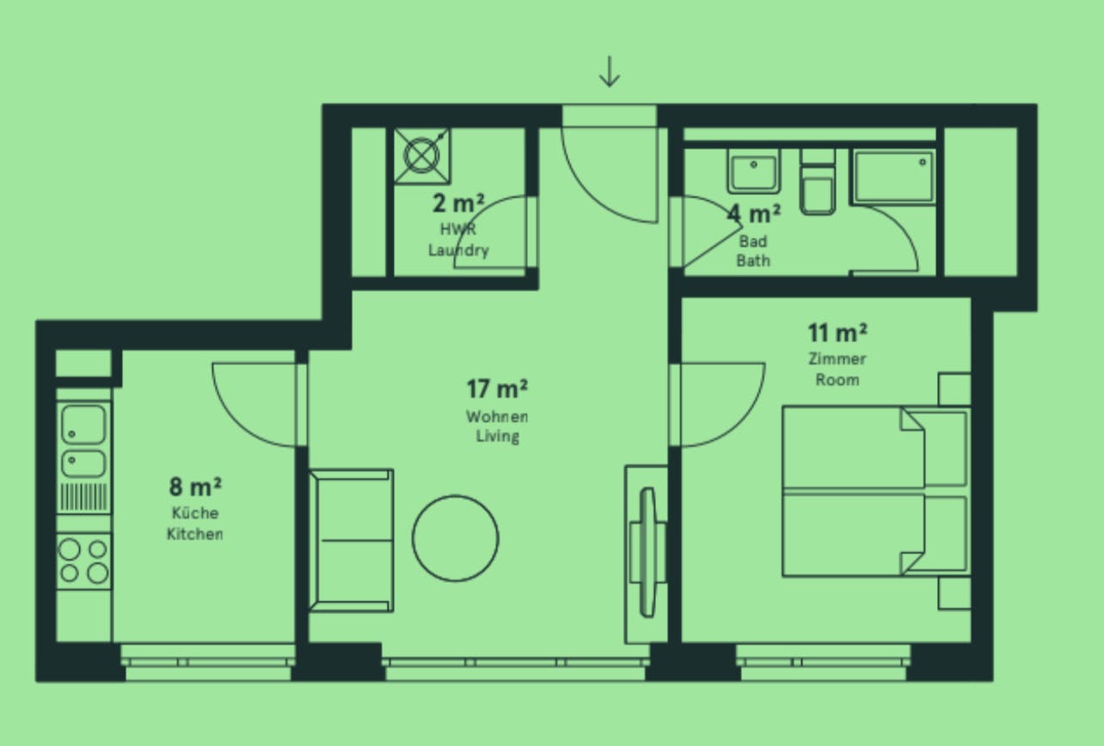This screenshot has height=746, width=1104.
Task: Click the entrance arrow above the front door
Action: tap(609, 71)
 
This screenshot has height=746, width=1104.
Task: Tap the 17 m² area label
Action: tap(497, 388)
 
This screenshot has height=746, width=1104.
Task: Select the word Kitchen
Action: tap(194, 534)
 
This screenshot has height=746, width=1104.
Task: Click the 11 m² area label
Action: tap(837, 333)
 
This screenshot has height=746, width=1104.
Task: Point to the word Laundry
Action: tap(458, 250)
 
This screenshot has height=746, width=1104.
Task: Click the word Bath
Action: tap(753, 260)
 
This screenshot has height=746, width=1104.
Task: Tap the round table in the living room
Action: tap(456, 538)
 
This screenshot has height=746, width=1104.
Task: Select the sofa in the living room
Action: tap(351, 541)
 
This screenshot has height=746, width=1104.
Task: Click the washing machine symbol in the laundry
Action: tap(422, 156)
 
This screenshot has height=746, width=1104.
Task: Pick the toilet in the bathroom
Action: tap(818, 182)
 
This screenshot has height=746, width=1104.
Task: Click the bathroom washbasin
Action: tap(753, 171)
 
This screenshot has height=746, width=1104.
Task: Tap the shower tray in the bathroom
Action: tap(894, 176)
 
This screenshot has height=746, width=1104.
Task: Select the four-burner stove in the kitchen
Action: tap(83, 561)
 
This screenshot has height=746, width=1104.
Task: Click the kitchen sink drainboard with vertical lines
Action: tap(83, 497)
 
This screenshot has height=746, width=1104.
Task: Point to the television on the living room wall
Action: tap(647, 553)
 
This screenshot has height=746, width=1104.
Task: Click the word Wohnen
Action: tap(497, 417)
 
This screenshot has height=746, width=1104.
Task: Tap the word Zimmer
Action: tap(837, 358)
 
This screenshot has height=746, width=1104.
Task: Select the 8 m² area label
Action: tap(195, 486)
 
